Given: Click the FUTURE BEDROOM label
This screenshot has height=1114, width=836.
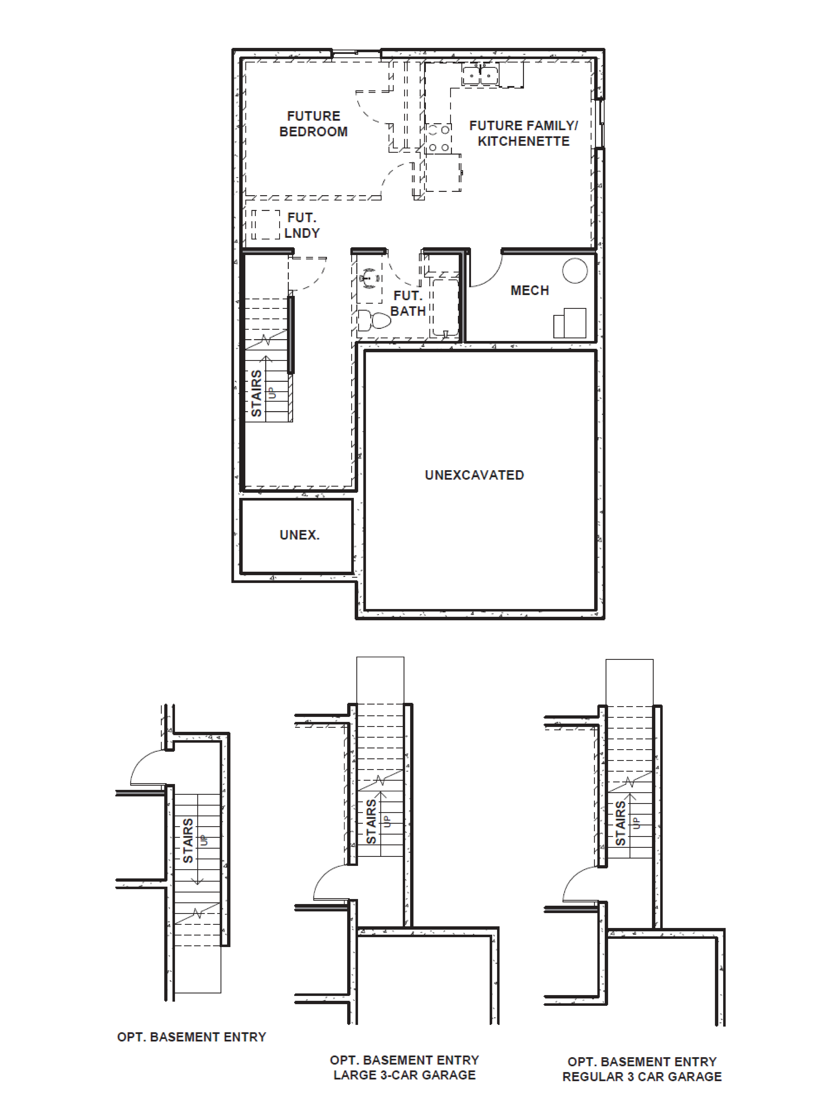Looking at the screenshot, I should click(x=313, y=124).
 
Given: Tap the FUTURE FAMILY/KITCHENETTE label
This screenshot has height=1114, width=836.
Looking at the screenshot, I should click(x=524, y=134).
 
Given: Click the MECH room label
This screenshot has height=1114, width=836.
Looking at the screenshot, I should click(x=530, y=291).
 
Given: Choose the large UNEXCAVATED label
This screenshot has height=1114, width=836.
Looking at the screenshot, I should click(x=474, y=475).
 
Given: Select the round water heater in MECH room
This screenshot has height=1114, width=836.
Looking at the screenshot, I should click(x=575, y=270).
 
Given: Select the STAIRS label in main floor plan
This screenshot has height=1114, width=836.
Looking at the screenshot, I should click(x=256, y=393).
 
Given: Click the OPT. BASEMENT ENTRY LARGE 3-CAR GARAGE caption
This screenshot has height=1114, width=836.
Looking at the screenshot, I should click(x=404, y=1068).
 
